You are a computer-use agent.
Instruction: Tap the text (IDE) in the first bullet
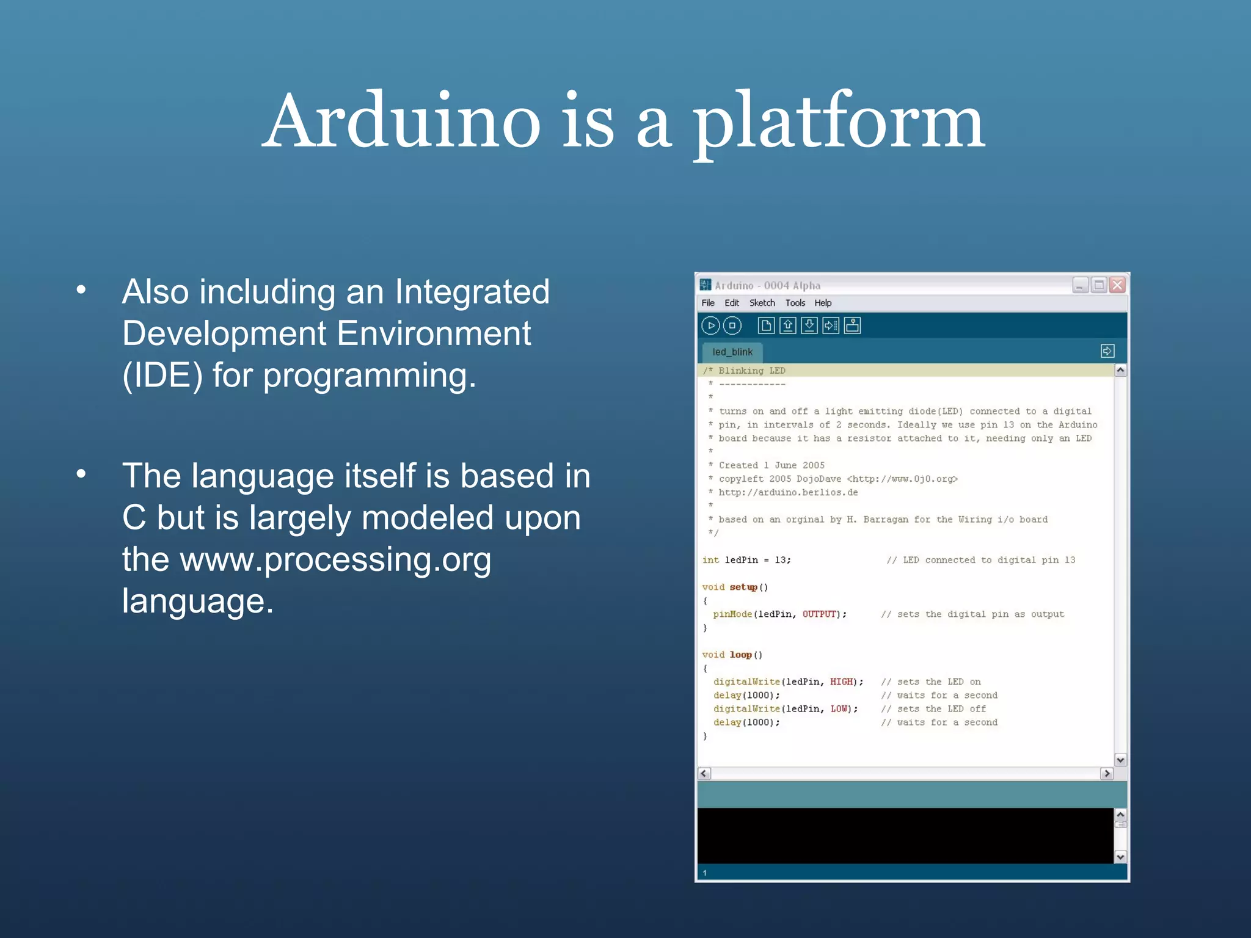coord(162,375)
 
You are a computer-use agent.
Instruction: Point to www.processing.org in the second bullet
coord(335,559)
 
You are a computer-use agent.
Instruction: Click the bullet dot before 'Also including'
coord(81,291)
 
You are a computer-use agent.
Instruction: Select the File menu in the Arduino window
coord(708,303)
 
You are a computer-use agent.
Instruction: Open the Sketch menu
coord(762,303)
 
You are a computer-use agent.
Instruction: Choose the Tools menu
coord(795,303)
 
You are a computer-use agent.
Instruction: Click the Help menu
coord(823,303)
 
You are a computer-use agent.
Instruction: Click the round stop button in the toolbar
coord(732,325)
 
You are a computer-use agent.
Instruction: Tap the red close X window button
coord(1117,285)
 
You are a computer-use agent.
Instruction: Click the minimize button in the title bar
coord(1080,285)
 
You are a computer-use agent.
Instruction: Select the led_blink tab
coord(732,352)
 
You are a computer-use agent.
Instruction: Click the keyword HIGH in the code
coord(841,682)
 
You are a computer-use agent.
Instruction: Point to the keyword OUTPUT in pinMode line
coord(819,614)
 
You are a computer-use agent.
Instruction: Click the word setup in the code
coord(743,587)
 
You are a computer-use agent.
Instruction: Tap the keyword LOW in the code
coord(839,708)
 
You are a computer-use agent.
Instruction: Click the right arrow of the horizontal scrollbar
coord(1106,774)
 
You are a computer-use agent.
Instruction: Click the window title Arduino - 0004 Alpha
coord(767,285)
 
